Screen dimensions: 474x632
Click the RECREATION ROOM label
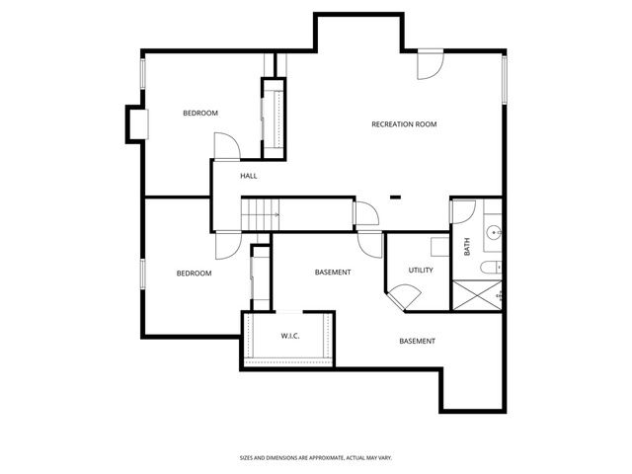point(403,124)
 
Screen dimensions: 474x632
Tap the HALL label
point(249,176)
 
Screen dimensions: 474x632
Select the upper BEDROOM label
point(199,114)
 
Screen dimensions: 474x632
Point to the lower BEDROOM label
point(194,274)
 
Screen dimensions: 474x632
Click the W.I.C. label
point(290,336)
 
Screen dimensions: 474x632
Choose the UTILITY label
point(421,270)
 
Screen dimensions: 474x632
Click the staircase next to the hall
point(263,212)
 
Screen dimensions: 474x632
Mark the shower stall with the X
point(477,295)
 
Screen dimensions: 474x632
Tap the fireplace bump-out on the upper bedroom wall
point(136,123)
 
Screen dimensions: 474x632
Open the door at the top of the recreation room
point(429,64)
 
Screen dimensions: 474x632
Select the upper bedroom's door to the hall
point(226,146)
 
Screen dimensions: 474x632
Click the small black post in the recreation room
point(395,197)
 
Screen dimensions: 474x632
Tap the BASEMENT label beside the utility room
point(333,273)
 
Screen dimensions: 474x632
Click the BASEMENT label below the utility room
point(417,342)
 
